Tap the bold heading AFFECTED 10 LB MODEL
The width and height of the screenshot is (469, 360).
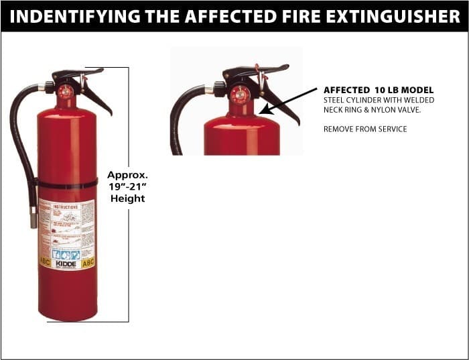coord(378,90)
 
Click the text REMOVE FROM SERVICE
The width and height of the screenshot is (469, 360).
coord(364,129)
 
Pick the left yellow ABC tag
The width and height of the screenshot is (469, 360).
coord(46,263)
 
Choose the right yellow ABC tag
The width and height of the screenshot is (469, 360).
coord(88,263)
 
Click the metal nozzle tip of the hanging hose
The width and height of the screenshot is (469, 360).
coord(33,217)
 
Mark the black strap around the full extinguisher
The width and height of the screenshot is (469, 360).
coord(67,184)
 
